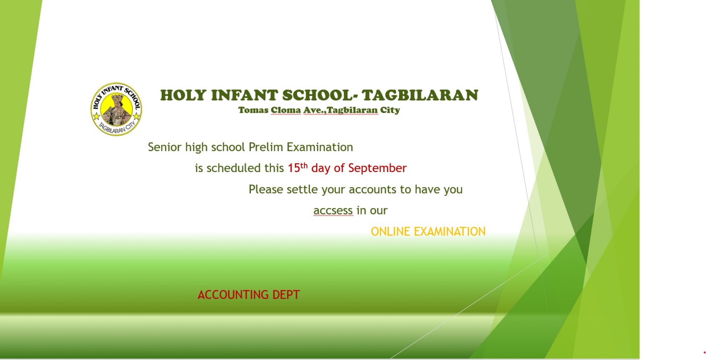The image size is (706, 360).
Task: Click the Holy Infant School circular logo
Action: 116,109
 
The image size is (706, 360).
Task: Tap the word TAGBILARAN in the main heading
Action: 420,95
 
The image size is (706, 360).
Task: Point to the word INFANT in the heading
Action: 244,95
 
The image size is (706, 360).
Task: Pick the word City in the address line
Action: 390,110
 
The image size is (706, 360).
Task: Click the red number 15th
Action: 298,168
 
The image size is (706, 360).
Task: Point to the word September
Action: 378,168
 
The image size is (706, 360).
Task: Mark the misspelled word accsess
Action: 333,211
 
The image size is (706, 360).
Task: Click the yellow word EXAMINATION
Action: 450,231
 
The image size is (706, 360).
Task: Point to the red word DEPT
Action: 286,295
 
